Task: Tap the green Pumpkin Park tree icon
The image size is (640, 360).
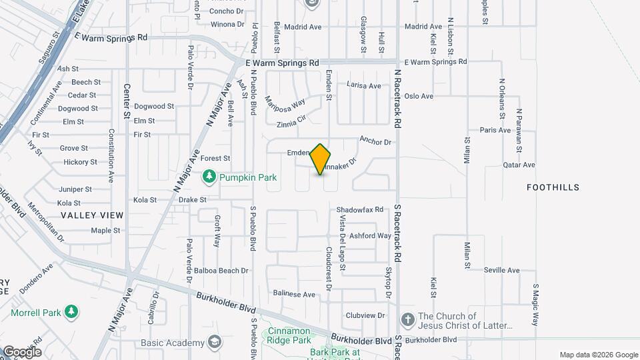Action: coord(210,176)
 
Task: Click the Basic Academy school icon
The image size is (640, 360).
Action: coord(215,343)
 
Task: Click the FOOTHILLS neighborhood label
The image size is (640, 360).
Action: coord(553,187)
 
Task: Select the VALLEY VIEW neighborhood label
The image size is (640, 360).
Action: coord(92,215)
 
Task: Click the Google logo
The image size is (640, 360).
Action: coord(22,351)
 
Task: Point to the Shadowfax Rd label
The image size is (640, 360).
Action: coord(360,209)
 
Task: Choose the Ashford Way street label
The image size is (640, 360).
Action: coord(371,235)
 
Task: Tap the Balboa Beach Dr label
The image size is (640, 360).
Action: coord(221,271)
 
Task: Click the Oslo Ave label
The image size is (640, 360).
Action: coord(419,96)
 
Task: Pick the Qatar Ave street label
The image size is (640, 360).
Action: coord(519,165)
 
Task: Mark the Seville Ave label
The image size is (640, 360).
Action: coord(501,270)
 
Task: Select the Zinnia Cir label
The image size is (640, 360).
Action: coord(291,120)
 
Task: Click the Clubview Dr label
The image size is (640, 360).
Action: coord(365,315)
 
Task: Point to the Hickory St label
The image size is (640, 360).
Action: coord(80,162)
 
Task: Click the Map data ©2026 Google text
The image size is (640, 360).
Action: coord(597,355)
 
